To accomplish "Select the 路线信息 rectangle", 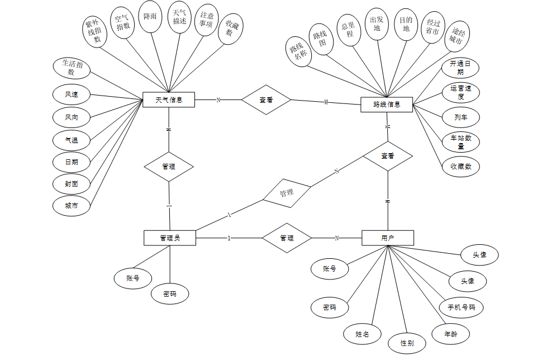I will [386, 105].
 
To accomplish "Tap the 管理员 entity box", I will [169, 238].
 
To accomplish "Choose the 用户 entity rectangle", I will [388, 238].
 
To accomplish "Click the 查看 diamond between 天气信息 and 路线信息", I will [266, 100].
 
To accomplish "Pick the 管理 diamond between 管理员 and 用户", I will [287, 238].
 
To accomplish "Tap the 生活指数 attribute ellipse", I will [72, 67].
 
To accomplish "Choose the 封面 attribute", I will [71, 183].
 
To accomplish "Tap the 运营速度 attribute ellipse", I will [460, 92].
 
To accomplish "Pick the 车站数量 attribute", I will [460, 142].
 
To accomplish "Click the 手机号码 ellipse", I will [461, 307].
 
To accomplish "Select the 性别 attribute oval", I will [407, 343].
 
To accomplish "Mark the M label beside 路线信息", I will [326, 102].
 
